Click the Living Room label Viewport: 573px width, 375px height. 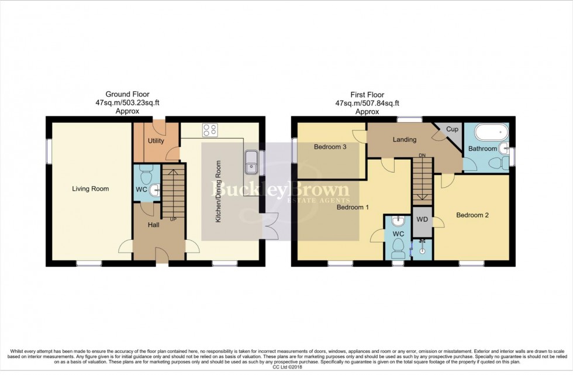coord(91,188)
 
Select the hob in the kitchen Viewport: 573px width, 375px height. coord(209,130)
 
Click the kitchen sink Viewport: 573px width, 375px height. coord(252,161)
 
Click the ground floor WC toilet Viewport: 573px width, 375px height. coord(146,173)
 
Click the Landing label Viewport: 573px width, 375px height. coord(404,139)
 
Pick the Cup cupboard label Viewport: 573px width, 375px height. coord(451,129)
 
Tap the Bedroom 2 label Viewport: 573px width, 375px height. coord(472,215)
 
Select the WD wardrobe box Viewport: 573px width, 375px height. coord(422,220)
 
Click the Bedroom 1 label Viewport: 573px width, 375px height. coord(351,207)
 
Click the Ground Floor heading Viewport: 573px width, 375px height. coord(127,94)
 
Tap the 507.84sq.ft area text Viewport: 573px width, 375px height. coord(378,102)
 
